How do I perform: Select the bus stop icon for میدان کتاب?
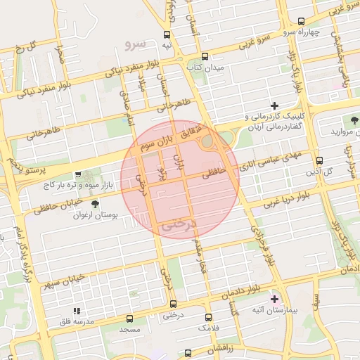pos(205,56)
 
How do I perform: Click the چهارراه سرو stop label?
pos(302,32)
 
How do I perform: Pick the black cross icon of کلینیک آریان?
pos(274,105)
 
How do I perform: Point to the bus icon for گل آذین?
pos(320,160)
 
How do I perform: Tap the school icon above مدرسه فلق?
pos(77,309)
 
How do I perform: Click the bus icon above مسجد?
pos(130,318)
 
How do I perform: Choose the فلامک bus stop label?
pos(207,328)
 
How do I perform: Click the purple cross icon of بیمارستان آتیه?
pos(274,299)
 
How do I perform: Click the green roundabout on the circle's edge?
pos(209,141)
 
